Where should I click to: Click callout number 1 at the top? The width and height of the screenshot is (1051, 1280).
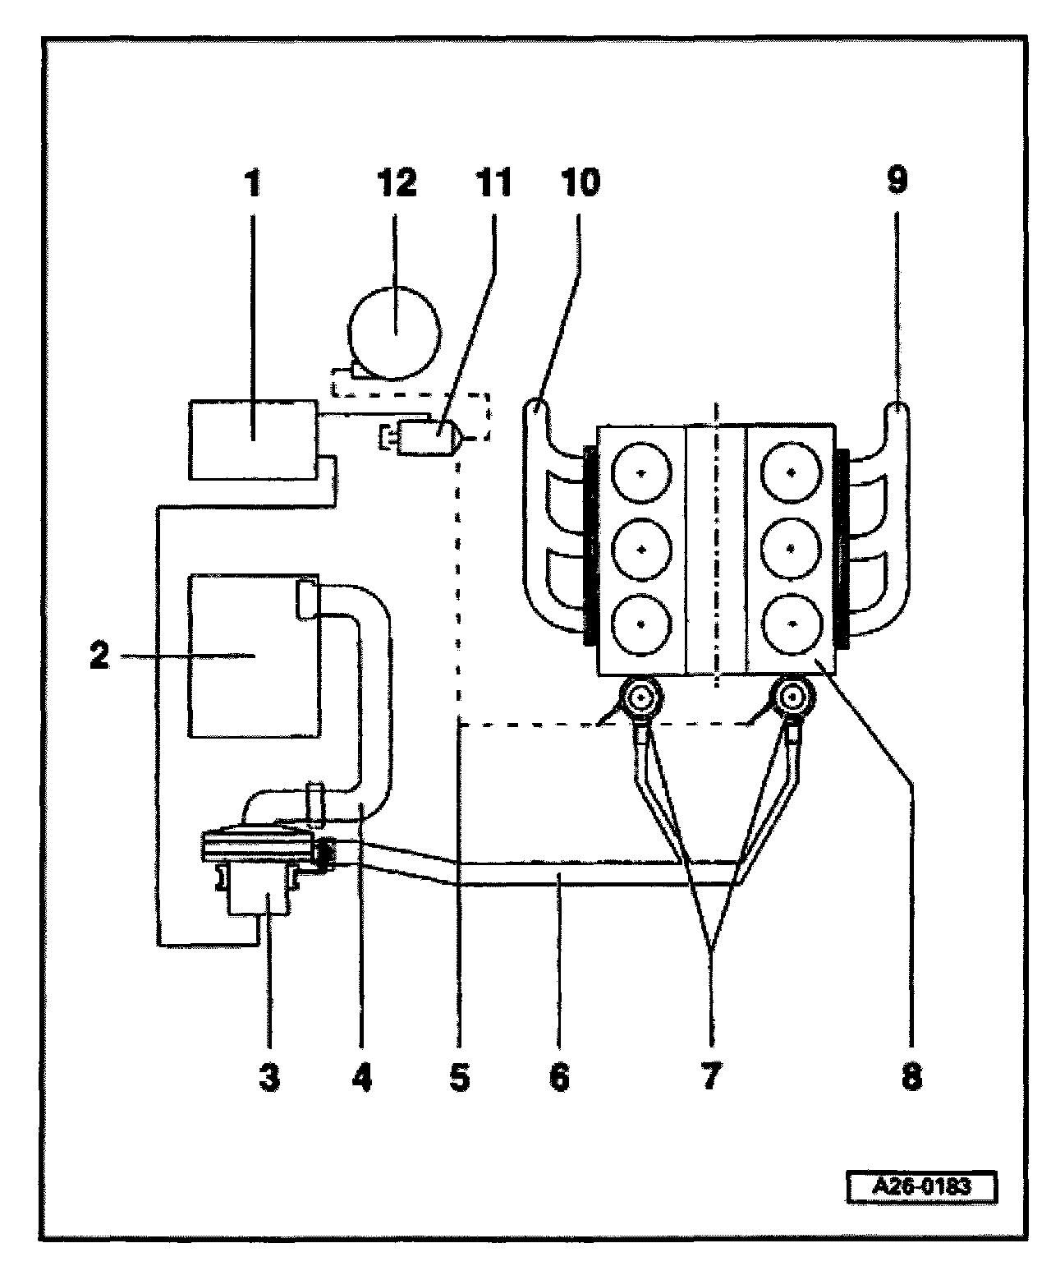[253, 182]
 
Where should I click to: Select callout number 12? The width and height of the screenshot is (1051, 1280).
[397, 182]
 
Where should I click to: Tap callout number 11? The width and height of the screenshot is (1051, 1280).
[493, 182]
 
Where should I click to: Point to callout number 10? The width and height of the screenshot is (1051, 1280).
[581, 182]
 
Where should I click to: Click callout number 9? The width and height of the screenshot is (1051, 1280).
[897, 180]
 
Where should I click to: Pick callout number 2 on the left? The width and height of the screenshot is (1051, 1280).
[99, 656]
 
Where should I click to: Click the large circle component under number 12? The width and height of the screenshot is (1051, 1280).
[394, 334]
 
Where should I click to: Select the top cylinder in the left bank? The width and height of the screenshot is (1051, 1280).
[641, 472]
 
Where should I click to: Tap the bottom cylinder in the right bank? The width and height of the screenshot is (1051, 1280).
[791, 624]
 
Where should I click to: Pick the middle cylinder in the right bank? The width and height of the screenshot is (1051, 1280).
[791, 549]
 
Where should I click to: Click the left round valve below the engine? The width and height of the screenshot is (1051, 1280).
[640, 699]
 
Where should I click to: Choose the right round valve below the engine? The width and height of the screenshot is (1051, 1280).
[792, 699]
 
